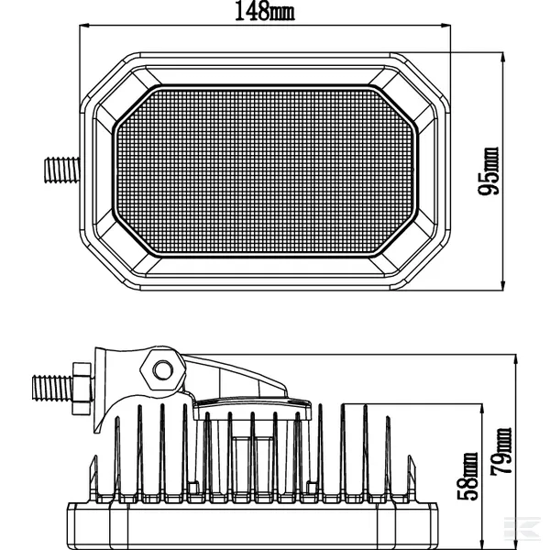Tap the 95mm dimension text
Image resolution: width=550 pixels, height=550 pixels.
(488, 170)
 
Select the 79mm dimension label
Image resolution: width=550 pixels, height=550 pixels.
(500, 451)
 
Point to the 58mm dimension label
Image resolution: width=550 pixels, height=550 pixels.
(467, 477)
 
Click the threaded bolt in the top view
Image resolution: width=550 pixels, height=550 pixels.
(62, 170)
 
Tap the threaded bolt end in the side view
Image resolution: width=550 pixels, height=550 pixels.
(52, 388)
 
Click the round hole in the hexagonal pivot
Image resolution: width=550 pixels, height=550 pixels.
(163, 370)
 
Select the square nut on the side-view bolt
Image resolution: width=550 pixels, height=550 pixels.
(82, 389)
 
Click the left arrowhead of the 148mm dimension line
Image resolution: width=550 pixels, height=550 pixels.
(84, 26)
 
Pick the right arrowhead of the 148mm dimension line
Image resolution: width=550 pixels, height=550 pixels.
(445, 26)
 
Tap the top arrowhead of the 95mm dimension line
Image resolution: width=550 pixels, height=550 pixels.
(503, 58)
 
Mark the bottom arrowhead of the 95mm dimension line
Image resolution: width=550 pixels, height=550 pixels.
(503, 285)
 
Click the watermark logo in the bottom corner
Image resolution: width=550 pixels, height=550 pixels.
(522, 527)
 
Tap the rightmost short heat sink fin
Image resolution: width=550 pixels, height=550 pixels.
(411, 478)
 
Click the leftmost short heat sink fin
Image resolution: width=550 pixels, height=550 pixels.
(93, 478)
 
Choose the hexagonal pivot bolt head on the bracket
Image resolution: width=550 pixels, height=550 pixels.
(163, 369)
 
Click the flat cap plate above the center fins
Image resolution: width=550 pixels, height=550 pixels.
(252, 409)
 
